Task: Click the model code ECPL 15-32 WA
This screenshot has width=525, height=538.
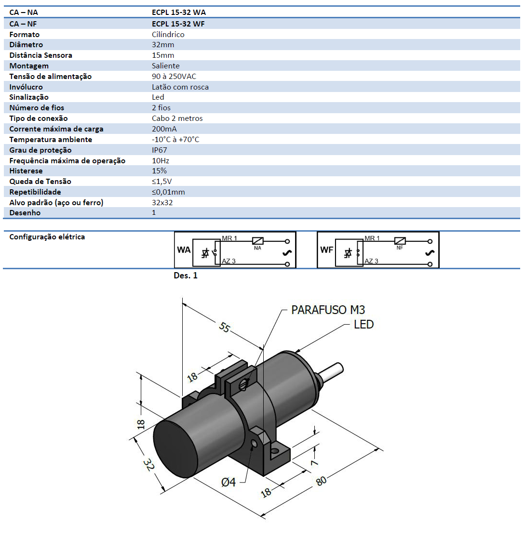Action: point(178,13)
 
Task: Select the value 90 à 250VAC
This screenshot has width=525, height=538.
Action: point(174,76)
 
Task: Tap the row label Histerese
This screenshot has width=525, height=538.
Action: point(26,171)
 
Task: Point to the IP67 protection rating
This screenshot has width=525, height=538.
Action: point(159,150)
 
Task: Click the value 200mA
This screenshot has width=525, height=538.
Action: point(164,129)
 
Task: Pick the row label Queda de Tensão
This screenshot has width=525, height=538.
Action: point(40,182)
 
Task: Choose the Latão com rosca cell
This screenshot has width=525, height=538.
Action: point(180,87)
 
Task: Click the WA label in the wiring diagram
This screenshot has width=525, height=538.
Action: point(183,250)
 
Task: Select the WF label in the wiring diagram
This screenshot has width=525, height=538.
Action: point(326,250)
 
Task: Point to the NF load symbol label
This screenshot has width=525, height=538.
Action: point(400,248)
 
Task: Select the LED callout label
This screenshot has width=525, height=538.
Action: point(364,325)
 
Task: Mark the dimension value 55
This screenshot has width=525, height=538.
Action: point(224,327)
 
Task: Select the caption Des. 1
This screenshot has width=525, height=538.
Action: point(185,276)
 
